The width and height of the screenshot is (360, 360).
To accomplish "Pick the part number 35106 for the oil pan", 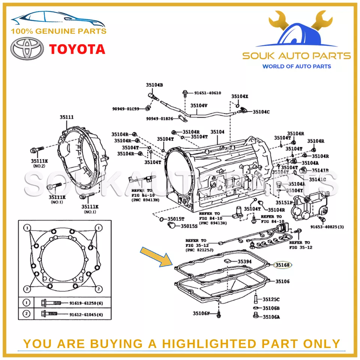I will pyautogui.click(x=283, y=281).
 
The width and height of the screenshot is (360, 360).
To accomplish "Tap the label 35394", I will pyautogui.click(x=244, y=261).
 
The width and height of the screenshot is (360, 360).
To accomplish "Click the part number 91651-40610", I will pyautogui.click(x=207, y=93).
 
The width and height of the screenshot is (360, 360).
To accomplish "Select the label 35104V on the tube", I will pyautogui.click(x=199, y=105).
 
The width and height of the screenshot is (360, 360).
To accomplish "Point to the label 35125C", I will pyautogui.click(x=271, y=299).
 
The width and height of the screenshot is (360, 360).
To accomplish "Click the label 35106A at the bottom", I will pyautogui.click(x=271, y=317).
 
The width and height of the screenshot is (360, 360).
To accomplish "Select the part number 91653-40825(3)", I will pyautogui.click(x=327, y=226).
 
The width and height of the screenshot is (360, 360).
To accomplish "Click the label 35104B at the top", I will pyautogui.click(x=154, y=85).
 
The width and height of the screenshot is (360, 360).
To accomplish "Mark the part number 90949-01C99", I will pyautogui.click(x=126, y=109).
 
